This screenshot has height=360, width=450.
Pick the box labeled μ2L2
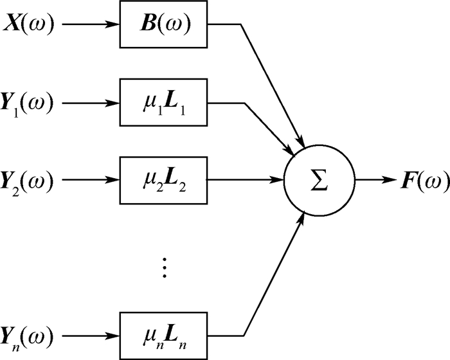165,178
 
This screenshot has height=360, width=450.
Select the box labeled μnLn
165,335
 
